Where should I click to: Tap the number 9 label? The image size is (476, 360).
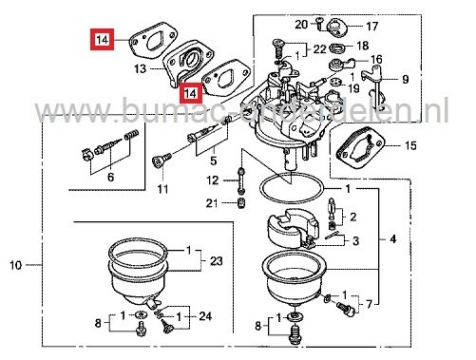point(405,79)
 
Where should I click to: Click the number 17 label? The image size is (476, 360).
point(372,26)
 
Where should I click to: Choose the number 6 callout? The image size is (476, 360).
point(111,178)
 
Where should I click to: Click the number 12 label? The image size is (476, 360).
point(213,180)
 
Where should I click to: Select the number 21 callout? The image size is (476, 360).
point(213,203)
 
